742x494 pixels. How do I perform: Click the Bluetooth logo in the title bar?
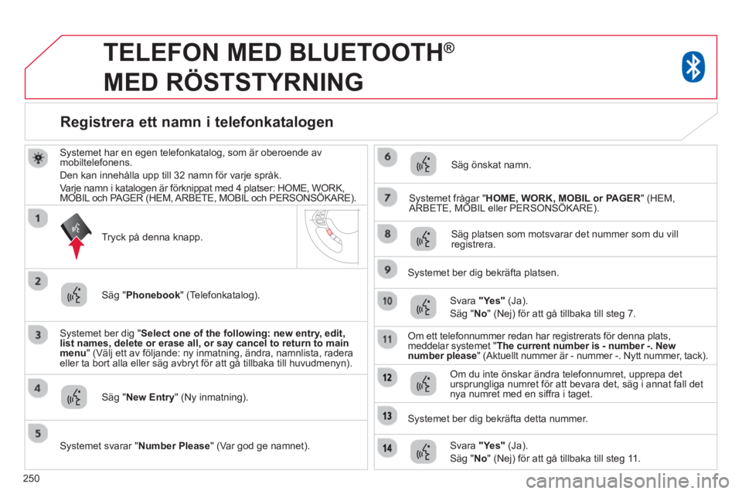(x=693, y=67)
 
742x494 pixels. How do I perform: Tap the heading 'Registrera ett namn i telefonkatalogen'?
(x=197, y=122)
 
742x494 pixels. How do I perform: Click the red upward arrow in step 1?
(x=77, y=248)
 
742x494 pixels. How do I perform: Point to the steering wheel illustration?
(x=331, y=235)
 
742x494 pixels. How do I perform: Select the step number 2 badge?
(x=38, y=281)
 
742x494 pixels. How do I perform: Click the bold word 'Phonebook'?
(x=153, y=295)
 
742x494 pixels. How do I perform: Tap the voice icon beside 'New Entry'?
(x=74, y=397)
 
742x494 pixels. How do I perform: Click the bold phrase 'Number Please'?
(x=174, y=446)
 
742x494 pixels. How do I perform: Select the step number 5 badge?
(x=38, y=434)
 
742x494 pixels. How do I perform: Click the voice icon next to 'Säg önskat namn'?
(x=423, y=164)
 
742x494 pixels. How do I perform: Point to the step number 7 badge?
(x=387, y=197)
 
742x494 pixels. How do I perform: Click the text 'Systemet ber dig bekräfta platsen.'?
(x=483, y=272)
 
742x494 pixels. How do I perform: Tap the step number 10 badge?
(x=387, y=301)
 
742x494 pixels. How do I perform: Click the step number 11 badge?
(x=387, y=339)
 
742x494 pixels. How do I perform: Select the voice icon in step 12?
(x=423, y=384)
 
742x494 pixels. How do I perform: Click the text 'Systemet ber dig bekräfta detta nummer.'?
(x=498, y=419)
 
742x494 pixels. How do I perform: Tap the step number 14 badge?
(x=387, y=448)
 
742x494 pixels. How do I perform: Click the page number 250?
(x=31, y=479)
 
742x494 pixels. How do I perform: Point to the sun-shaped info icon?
(x=38, y=157)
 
